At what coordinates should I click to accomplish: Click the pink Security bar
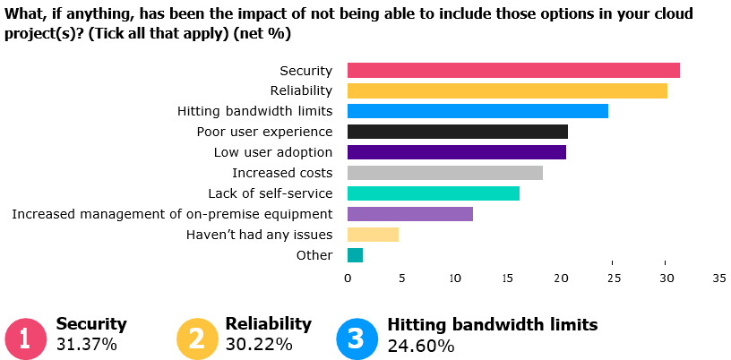(513, 71)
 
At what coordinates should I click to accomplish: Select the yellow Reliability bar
(507, 90)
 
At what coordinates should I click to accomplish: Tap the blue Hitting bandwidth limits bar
(477, 111)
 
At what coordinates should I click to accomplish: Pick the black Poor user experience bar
(457, 132)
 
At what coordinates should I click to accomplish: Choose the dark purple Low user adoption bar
(456, 152)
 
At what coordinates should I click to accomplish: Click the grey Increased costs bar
(444, 173)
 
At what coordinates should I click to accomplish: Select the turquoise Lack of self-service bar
(433, 193)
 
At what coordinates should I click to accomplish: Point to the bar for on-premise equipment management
(409, 214)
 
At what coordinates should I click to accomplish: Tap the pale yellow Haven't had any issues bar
(373, 235)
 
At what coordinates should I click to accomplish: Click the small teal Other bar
(355, 255)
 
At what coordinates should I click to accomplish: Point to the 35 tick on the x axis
(718, 279)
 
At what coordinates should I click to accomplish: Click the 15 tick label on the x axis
(506, 279)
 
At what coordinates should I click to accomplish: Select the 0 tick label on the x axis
(348, 279)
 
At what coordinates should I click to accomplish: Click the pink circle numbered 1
(25, 339)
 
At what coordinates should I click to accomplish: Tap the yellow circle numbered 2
(196, 339)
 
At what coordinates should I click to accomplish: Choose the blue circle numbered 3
(357, 339)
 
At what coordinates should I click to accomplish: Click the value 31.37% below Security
(86, 345)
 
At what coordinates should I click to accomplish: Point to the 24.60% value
(420, 345)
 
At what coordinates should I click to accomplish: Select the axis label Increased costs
(282, 173)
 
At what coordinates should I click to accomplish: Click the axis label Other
(314, 255)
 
